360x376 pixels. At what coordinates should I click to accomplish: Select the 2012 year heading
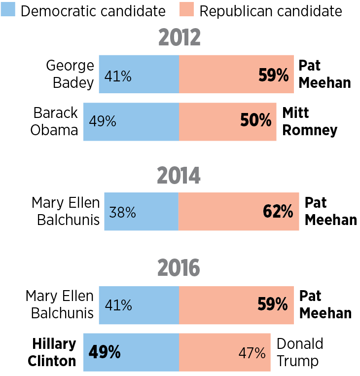(x=180, y=38)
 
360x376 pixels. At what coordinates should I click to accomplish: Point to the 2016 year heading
(x=179, y=268)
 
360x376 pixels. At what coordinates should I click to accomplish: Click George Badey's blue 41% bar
(x=139, y=75)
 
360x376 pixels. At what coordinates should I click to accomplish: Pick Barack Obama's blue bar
(x=131, y=121)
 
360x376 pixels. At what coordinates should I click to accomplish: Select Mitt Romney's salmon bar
(x=227, y=121)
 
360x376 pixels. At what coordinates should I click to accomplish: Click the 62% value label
(x=278, y=212)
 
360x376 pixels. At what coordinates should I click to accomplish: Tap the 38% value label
(x=122, y=212)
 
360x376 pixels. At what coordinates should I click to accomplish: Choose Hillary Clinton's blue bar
(x=131, y=352)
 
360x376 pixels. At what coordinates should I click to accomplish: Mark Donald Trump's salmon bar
(x=224, y=352)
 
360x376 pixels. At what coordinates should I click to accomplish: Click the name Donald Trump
(x=300, y=352)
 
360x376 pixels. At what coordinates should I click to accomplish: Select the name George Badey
(x=70, y=74)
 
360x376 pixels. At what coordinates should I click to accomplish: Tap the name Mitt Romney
(x=309, y=121)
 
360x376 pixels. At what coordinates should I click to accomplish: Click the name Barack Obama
(x=55, y=121)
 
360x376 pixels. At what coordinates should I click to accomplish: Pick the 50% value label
(x=256, y=121)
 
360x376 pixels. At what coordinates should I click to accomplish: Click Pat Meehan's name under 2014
(x=330, y=211)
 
